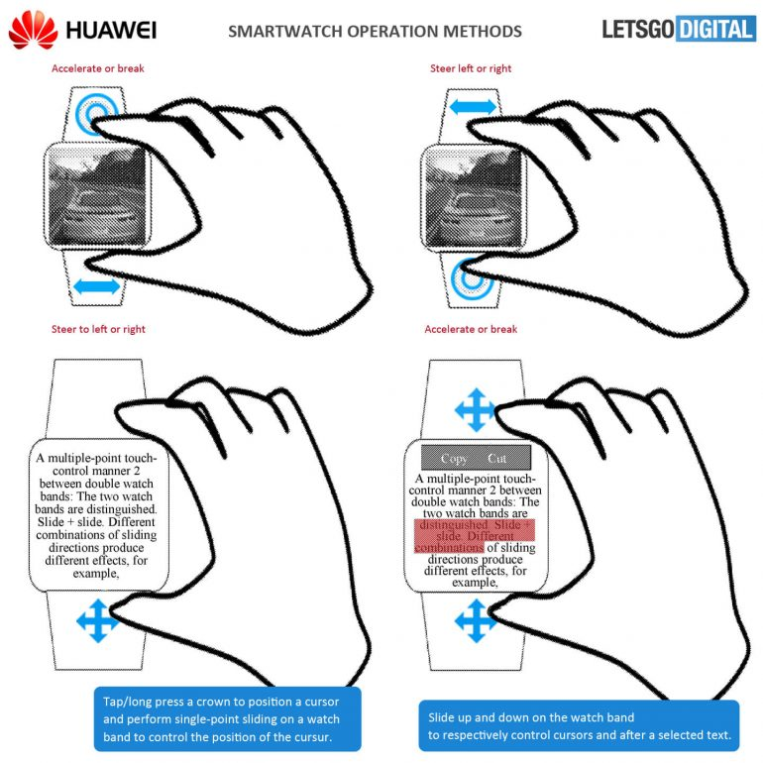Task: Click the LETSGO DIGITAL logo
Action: tap(678, 29)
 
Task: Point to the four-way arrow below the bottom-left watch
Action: tap(97, 621)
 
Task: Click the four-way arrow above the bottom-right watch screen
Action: tap(474, 408)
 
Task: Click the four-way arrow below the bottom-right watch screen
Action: tap(474, 621)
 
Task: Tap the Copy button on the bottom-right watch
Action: tap(454, 459)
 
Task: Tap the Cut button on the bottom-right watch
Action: tap(498, 459)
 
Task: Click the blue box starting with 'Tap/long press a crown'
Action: tap(227, 717)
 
